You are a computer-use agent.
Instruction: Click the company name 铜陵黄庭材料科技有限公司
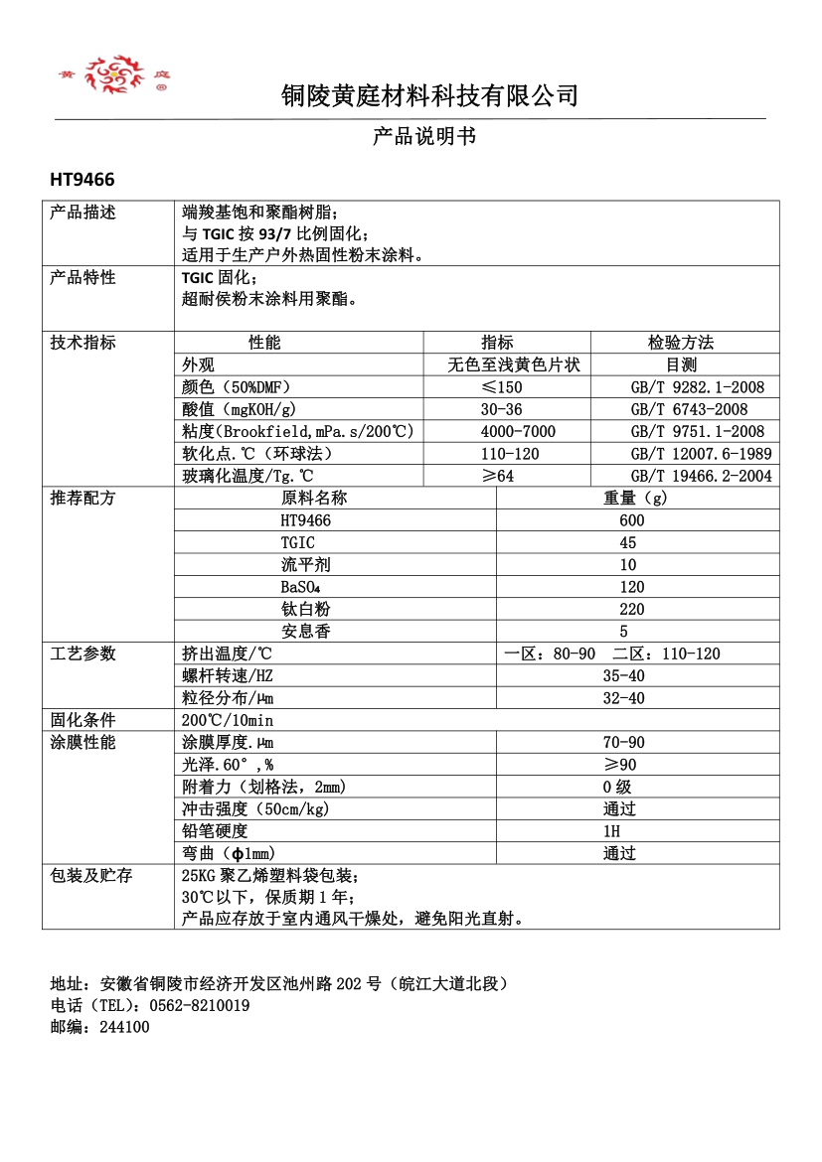tap(429, 96)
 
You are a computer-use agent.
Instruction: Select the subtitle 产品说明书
tap(424, 136)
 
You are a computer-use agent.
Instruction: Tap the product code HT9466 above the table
tap(82, 180)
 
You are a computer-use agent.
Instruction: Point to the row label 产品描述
tap(83, 213)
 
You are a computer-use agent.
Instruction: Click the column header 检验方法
tap(681, 343)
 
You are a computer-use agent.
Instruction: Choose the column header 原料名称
tap(314, 498)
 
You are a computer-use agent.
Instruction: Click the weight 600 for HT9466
tap(631, 520)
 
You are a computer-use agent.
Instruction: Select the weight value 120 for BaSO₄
tap(631, 587)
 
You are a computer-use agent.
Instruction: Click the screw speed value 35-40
tap(623, 675)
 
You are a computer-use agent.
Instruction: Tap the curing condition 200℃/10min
tap(228, 720)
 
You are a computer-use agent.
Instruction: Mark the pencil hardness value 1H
tap(610, 830)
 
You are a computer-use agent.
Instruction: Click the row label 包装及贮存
tap(91, 875)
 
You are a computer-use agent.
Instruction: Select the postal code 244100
tap(124, 1027)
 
